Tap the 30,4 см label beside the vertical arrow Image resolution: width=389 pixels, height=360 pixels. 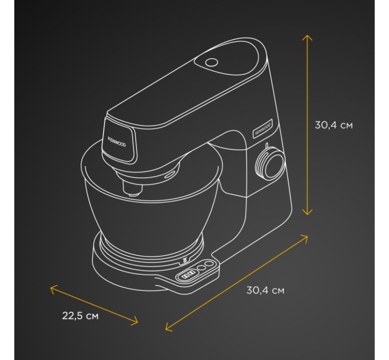(334, 125)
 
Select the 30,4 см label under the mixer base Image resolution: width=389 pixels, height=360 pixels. (265, 290)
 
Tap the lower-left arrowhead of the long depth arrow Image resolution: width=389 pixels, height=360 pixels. (166, 329)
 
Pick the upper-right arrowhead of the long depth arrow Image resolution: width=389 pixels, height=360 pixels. (307, 235)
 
